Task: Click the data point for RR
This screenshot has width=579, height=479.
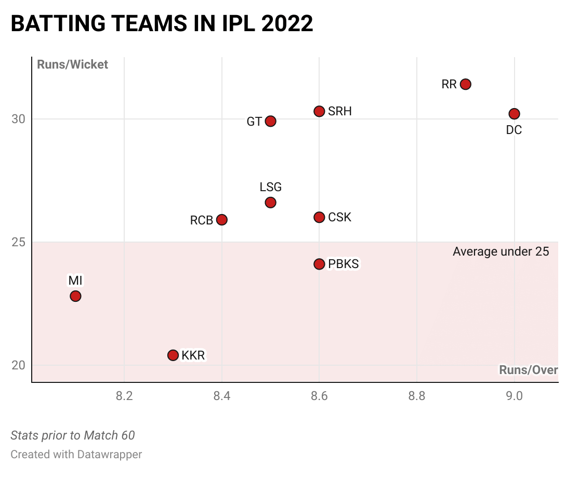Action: coord(466,84)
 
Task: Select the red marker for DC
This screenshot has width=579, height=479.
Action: coord(514,114)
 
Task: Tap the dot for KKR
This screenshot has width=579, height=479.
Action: coord(173,355)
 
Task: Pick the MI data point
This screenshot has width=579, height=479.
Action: coord(75,296)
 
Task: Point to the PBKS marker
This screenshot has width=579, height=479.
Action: coord(319,264)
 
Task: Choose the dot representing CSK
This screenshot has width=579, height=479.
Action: coord(319,217)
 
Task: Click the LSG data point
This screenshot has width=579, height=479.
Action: coord(270,203)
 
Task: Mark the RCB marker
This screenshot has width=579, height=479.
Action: coord(222,220)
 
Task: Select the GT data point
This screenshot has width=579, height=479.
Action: coord(270,121)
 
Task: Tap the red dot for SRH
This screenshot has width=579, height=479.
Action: coord(319,111)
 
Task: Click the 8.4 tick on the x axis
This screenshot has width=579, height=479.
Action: coord(222,396)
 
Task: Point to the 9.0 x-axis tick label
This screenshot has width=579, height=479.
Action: coord(514,396)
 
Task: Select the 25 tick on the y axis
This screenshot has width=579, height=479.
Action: coord(18,242)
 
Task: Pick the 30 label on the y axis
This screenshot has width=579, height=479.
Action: coord(18,119)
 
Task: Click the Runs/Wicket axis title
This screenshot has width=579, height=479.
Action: coord(72,64)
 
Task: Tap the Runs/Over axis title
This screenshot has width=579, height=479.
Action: coord(528,370)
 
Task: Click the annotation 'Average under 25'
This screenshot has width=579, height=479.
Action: coord(501,252)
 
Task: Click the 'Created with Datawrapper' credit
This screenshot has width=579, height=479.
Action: coord(76,455)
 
